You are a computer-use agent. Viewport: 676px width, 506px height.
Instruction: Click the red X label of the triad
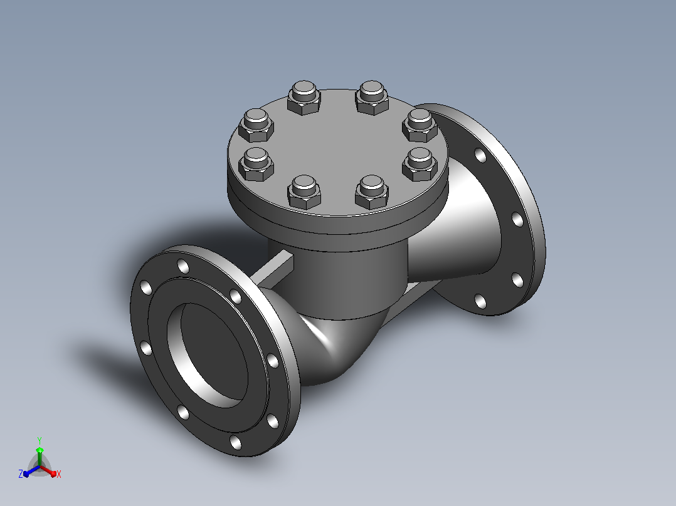59,474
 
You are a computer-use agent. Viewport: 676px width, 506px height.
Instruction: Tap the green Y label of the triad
40,441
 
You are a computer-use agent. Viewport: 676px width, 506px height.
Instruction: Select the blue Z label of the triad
21,473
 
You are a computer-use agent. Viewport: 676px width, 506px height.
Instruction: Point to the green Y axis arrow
40,457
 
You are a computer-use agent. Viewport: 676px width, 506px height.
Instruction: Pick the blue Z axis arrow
31,471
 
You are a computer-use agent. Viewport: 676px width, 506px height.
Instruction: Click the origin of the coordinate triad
40,467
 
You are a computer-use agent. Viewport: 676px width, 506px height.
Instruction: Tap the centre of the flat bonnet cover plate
339,151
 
